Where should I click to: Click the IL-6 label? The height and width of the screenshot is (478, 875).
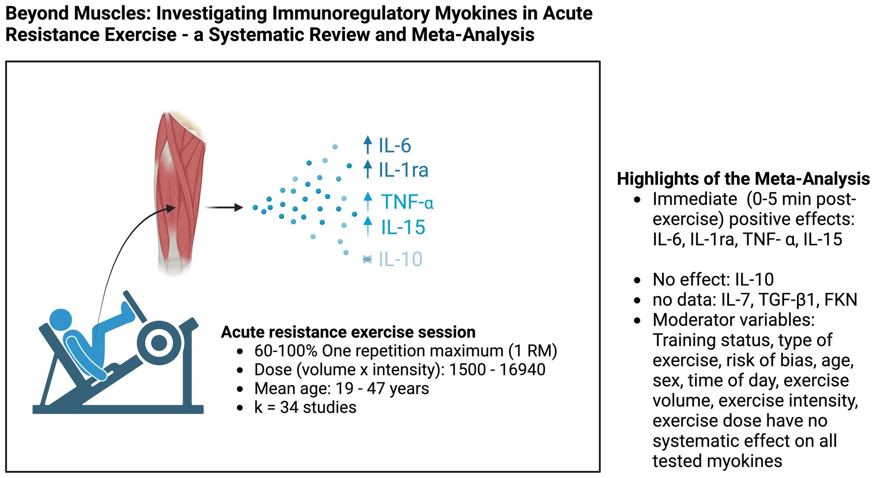(395, 146)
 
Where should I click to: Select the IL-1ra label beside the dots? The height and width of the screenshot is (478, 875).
(403, 170)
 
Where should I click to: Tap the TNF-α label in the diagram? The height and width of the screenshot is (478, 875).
(407, 202)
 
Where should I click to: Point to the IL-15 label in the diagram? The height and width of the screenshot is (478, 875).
(403, 228)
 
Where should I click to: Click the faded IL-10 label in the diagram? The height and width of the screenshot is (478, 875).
(400, 259)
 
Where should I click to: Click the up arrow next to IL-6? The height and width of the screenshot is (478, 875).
(367, 145)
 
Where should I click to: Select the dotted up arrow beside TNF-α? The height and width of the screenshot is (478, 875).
(368, 202)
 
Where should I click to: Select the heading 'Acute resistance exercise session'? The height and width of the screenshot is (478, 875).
(348, 332)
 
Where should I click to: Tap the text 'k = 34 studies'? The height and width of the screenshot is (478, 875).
(305, 407)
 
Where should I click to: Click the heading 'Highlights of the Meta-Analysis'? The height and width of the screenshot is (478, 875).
(743, 179)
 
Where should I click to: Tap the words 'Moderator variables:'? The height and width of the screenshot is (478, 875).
(733, 320)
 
